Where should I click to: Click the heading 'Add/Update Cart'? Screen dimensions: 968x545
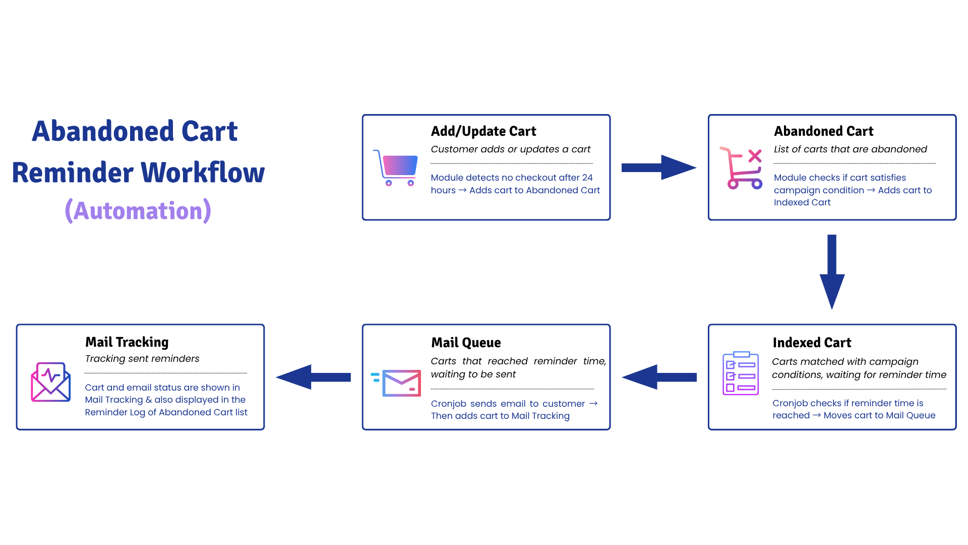tap(483, 131)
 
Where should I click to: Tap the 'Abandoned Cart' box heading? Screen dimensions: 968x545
tap(823, 131)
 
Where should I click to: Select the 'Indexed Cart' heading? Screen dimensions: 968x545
tap(812, 343)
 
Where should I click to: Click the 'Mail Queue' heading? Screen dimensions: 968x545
tap(466, 343)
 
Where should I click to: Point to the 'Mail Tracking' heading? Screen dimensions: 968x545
tap(127, 342)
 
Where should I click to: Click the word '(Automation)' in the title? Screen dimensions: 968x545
tap(138, 210)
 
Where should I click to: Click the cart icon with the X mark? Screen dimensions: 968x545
tap(741, 168)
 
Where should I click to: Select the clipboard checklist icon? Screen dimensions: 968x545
tap(741, 373)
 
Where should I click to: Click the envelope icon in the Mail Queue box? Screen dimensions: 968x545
tap(396, 383)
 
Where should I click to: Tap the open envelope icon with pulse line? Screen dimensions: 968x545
tap(50, 382)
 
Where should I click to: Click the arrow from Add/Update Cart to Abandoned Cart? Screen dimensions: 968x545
tap(658, 168)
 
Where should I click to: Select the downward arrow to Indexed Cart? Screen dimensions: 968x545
tap(832, 271)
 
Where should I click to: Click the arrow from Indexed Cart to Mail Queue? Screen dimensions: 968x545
tap(659, 377)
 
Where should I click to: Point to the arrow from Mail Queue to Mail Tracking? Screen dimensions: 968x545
tap(313, 377)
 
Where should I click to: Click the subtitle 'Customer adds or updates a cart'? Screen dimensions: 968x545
tap(510, 149)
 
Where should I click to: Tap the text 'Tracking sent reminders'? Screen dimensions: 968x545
tap(142, 359)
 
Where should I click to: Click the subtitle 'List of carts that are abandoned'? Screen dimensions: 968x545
tap(851, 149)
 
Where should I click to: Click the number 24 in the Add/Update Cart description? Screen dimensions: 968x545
tap(587, 178)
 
